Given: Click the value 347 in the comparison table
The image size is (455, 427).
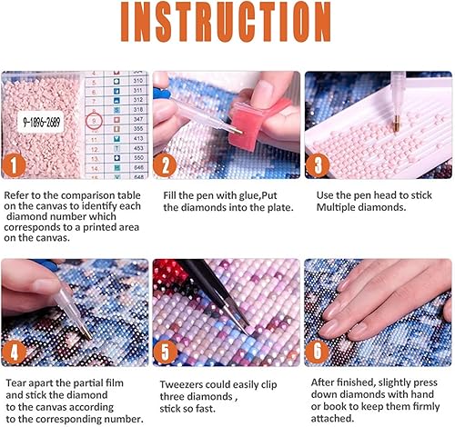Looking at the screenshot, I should (139, 118).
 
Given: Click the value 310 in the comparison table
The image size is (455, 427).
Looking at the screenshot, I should (139, 79).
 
